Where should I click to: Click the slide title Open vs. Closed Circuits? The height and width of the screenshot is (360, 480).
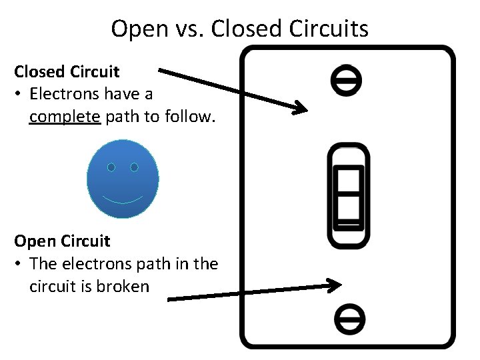click(239, 29)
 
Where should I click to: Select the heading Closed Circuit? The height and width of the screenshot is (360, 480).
click(67, 71)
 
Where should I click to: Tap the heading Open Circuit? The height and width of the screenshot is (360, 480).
click(62, 241)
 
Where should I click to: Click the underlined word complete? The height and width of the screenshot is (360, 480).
click(65, 117)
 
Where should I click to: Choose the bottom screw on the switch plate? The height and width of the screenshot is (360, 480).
click(349, 317)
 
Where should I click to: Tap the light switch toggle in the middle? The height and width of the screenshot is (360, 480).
click(349, 196)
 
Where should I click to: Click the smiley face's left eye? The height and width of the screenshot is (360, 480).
click(111, 167)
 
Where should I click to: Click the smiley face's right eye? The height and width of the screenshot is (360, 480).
click(134, 167)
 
